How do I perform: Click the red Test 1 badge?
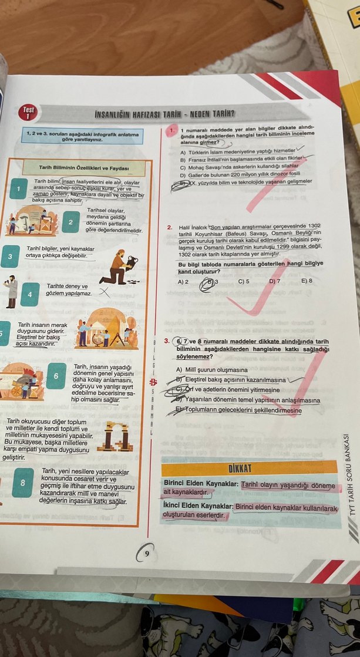(x=29, y=112)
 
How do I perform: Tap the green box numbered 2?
(x=70, y=221)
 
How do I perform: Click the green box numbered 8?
(x=22, y=483)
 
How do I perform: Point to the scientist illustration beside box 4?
(x=10, y=291)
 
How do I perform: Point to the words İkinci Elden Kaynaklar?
(x=198, y=505)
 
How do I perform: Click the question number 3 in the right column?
(x=167, y=341)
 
